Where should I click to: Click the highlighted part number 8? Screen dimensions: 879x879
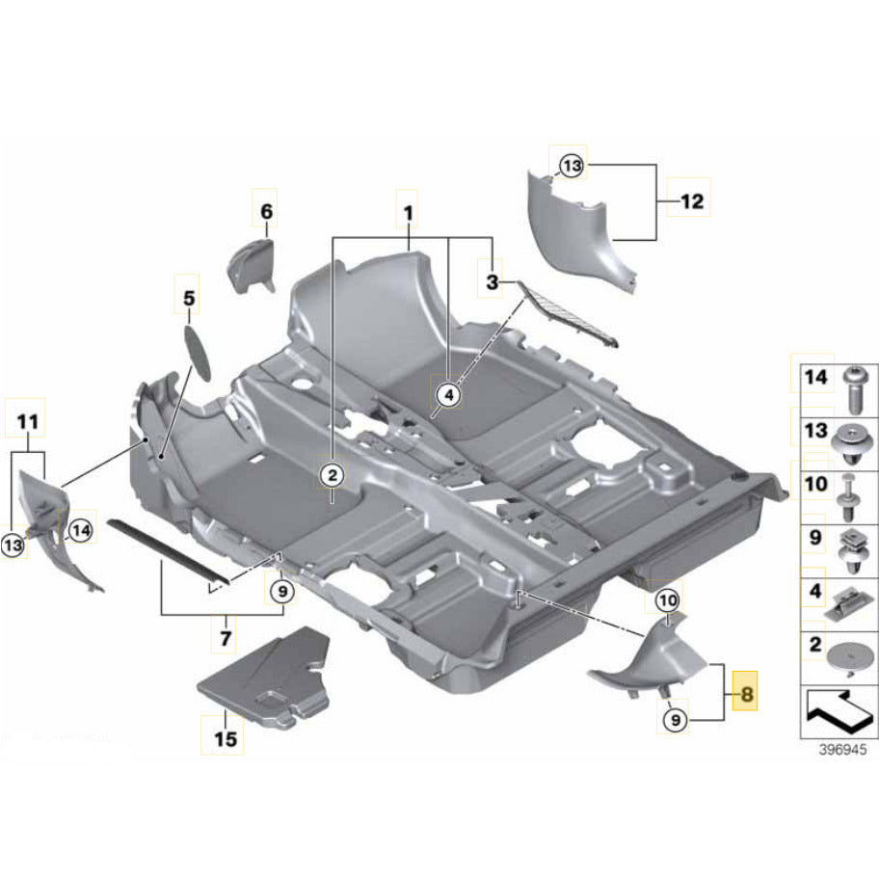click(746, 691)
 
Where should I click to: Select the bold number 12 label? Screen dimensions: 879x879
click(691, 202)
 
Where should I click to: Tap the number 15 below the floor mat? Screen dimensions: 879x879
click(224, 739)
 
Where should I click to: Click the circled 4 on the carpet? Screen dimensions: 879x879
click(448, 392)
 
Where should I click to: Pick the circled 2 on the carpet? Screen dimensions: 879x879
click(331, 474)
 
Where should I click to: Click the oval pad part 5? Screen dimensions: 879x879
click(199, 347)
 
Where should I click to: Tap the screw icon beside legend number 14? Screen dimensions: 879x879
click(852, 388)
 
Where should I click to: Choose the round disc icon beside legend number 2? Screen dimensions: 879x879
click(852, 654)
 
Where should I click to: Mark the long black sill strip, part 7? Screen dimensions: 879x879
click(169, 550)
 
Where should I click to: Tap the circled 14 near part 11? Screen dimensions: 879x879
click(80, 529)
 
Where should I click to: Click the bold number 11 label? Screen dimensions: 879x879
click(29, 421)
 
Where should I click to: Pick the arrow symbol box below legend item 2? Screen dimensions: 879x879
click(832, 714)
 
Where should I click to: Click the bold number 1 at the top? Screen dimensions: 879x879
click(409, 210)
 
